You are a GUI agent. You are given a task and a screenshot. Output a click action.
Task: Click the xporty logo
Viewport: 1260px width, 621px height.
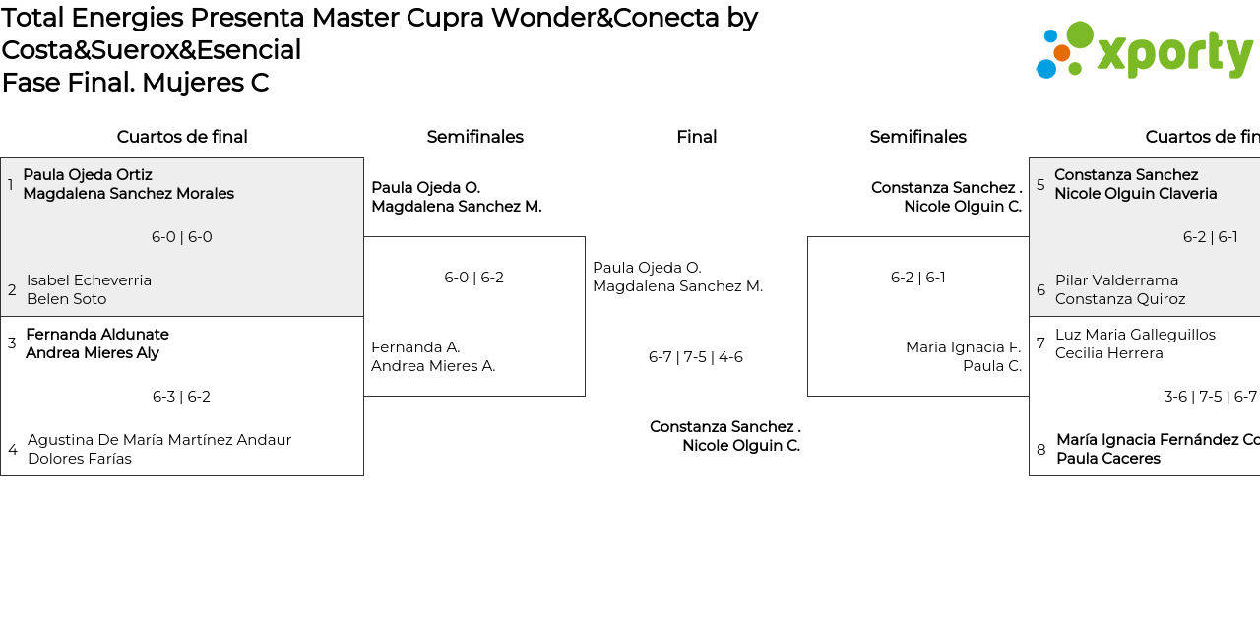(x=1144, y=50)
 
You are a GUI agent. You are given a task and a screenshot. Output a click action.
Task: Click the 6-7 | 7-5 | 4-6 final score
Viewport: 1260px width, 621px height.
(x=695, y=357)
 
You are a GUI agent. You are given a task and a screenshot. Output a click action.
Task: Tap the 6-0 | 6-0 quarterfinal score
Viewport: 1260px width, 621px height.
(x=181, y=237)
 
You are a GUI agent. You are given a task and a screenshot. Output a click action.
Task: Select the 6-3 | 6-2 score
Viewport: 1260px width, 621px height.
(x=181, y=397)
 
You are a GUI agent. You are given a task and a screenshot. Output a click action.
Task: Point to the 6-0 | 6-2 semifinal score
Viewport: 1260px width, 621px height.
(x=473, y=278)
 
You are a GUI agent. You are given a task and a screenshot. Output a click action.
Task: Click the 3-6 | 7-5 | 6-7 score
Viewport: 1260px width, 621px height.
(x=1210, y=397)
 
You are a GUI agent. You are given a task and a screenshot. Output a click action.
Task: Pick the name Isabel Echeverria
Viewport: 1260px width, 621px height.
(x=89, y=280)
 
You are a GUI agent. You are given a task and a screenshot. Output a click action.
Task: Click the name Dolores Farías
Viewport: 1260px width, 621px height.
(x=79, y=459)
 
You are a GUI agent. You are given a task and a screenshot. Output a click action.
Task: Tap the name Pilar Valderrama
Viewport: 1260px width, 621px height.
(x=1116, y=280)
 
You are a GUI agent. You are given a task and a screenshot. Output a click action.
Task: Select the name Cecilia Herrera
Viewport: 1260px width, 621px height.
(x=1108, y=353)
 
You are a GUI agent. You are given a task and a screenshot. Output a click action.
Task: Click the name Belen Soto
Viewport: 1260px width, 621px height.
(x=66, y=299)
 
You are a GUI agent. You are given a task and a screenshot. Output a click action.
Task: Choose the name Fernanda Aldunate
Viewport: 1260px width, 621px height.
(x=96, y=335)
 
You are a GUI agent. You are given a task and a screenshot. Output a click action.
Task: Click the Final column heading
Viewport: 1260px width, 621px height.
(x=696, y=137)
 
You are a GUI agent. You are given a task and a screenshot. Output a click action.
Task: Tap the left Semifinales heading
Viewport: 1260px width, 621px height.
(x=474, y=137)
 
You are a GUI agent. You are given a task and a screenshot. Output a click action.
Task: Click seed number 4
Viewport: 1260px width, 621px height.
(x=13, y=450)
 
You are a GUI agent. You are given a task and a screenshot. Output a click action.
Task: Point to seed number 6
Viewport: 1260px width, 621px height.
(x=1040, y=290)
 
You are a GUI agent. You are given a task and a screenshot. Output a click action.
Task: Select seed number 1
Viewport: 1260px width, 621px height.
(x=11, y=185)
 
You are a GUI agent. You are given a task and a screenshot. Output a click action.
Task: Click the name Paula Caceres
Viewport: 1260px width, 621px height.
(x=1107, y=459)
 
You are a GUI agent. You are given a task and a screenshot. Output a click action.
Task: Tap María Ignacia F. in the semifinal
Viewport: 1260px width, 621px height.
(x=963, y=347)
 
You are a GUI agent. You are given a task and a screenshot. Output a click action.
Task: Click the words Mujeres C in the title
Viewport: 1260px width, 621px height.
(x=205, y=83)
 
